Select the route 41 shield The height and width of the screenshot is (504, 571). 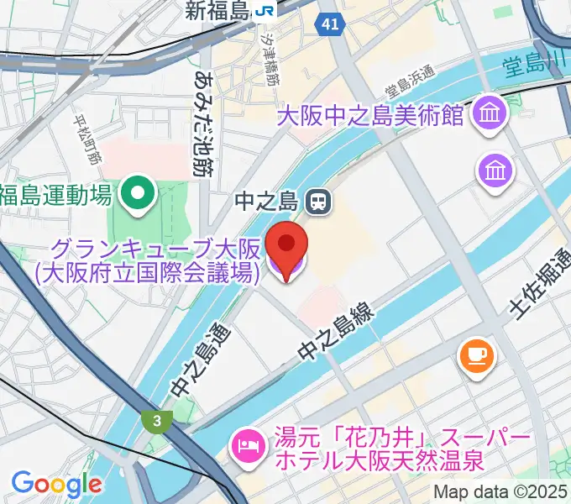pyautogui.click(x=329, y=25)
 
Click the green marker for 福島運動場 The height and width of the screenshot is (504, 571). pyautogui.click(x=134, y=195)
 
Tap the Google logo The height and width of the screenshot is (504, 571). pyautogui.click(x=56, y=484)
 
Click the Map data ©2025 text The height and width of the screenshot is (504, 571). pyautogui.click(x=500, y=492)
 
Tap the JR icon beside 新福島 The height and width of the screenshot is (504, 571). pyautogui.click(x=266, y=10)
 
